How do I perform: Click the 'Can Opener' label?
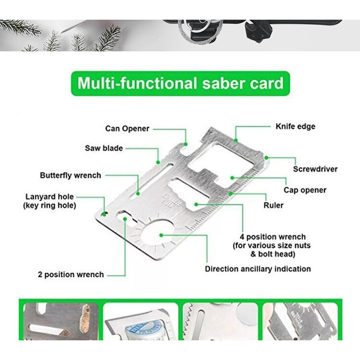(x=127, y=129)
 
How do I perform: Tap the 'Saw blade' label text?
(x=104, y=148)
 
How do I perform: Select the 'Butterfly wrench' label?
(x=71, y=175)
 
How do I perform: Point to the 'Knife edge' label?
(x=296, y=127)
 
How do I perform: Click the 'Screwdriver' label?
(x=315, y=169)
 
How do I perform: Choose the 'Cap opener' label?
(x=305, y=190)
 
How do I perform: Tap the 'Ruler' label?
(x=273, y=205)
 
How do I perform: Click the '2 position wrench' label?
(x=71, y=275)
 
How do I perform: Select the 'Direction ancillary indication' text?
(x=258, y=269)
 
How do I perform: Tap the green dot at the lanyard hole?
(x=104, y=214)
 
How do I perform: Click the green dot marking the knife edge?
(x=236, y=140)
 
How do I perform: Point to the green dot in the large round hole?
(x=161, y=235)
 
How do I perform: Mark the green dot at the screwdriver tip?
(x=266, y=158)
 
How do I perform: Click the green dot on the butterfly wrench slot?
(x=138, y=193)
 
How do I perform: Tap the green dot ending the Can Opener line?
(x=185, y=144)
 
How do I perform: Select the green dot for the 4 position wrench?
(x=196, y=204)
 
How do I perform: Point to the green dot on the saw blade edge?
(x=158, y=162)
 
